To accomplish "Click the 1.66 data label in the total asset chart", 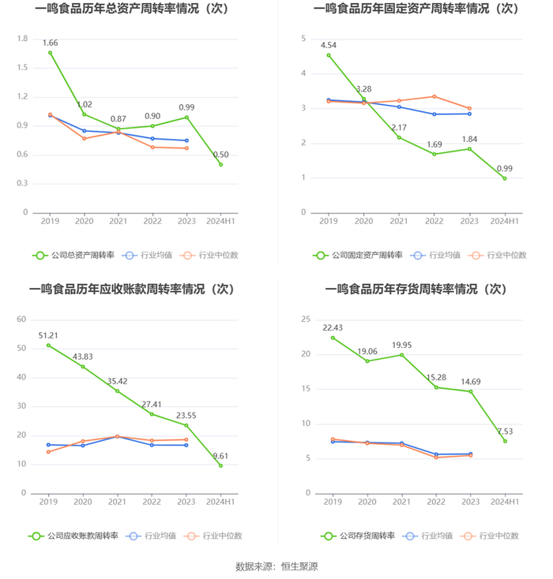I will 50,43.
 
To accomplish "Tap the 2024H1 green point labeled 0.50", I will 220,164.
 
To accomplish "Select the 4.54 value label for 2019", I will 329,45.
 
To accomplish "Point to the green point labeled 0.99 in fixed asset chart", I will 504,178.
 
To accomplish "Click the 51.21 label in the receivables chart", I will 48,335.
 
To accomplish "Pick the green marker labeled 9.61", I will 220,465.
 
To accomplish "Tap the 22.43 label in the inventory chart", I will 332,327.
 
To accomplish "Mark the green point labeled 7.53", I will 505,441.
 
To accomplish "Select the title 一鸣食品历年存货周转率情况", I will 416,289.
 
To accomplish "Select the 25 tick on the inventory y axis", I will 304,319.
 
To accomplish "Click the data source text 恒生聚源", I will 299,566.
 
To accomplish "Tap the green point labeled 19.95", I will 401,355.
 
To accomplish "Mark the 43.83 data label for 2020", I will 83,357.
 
